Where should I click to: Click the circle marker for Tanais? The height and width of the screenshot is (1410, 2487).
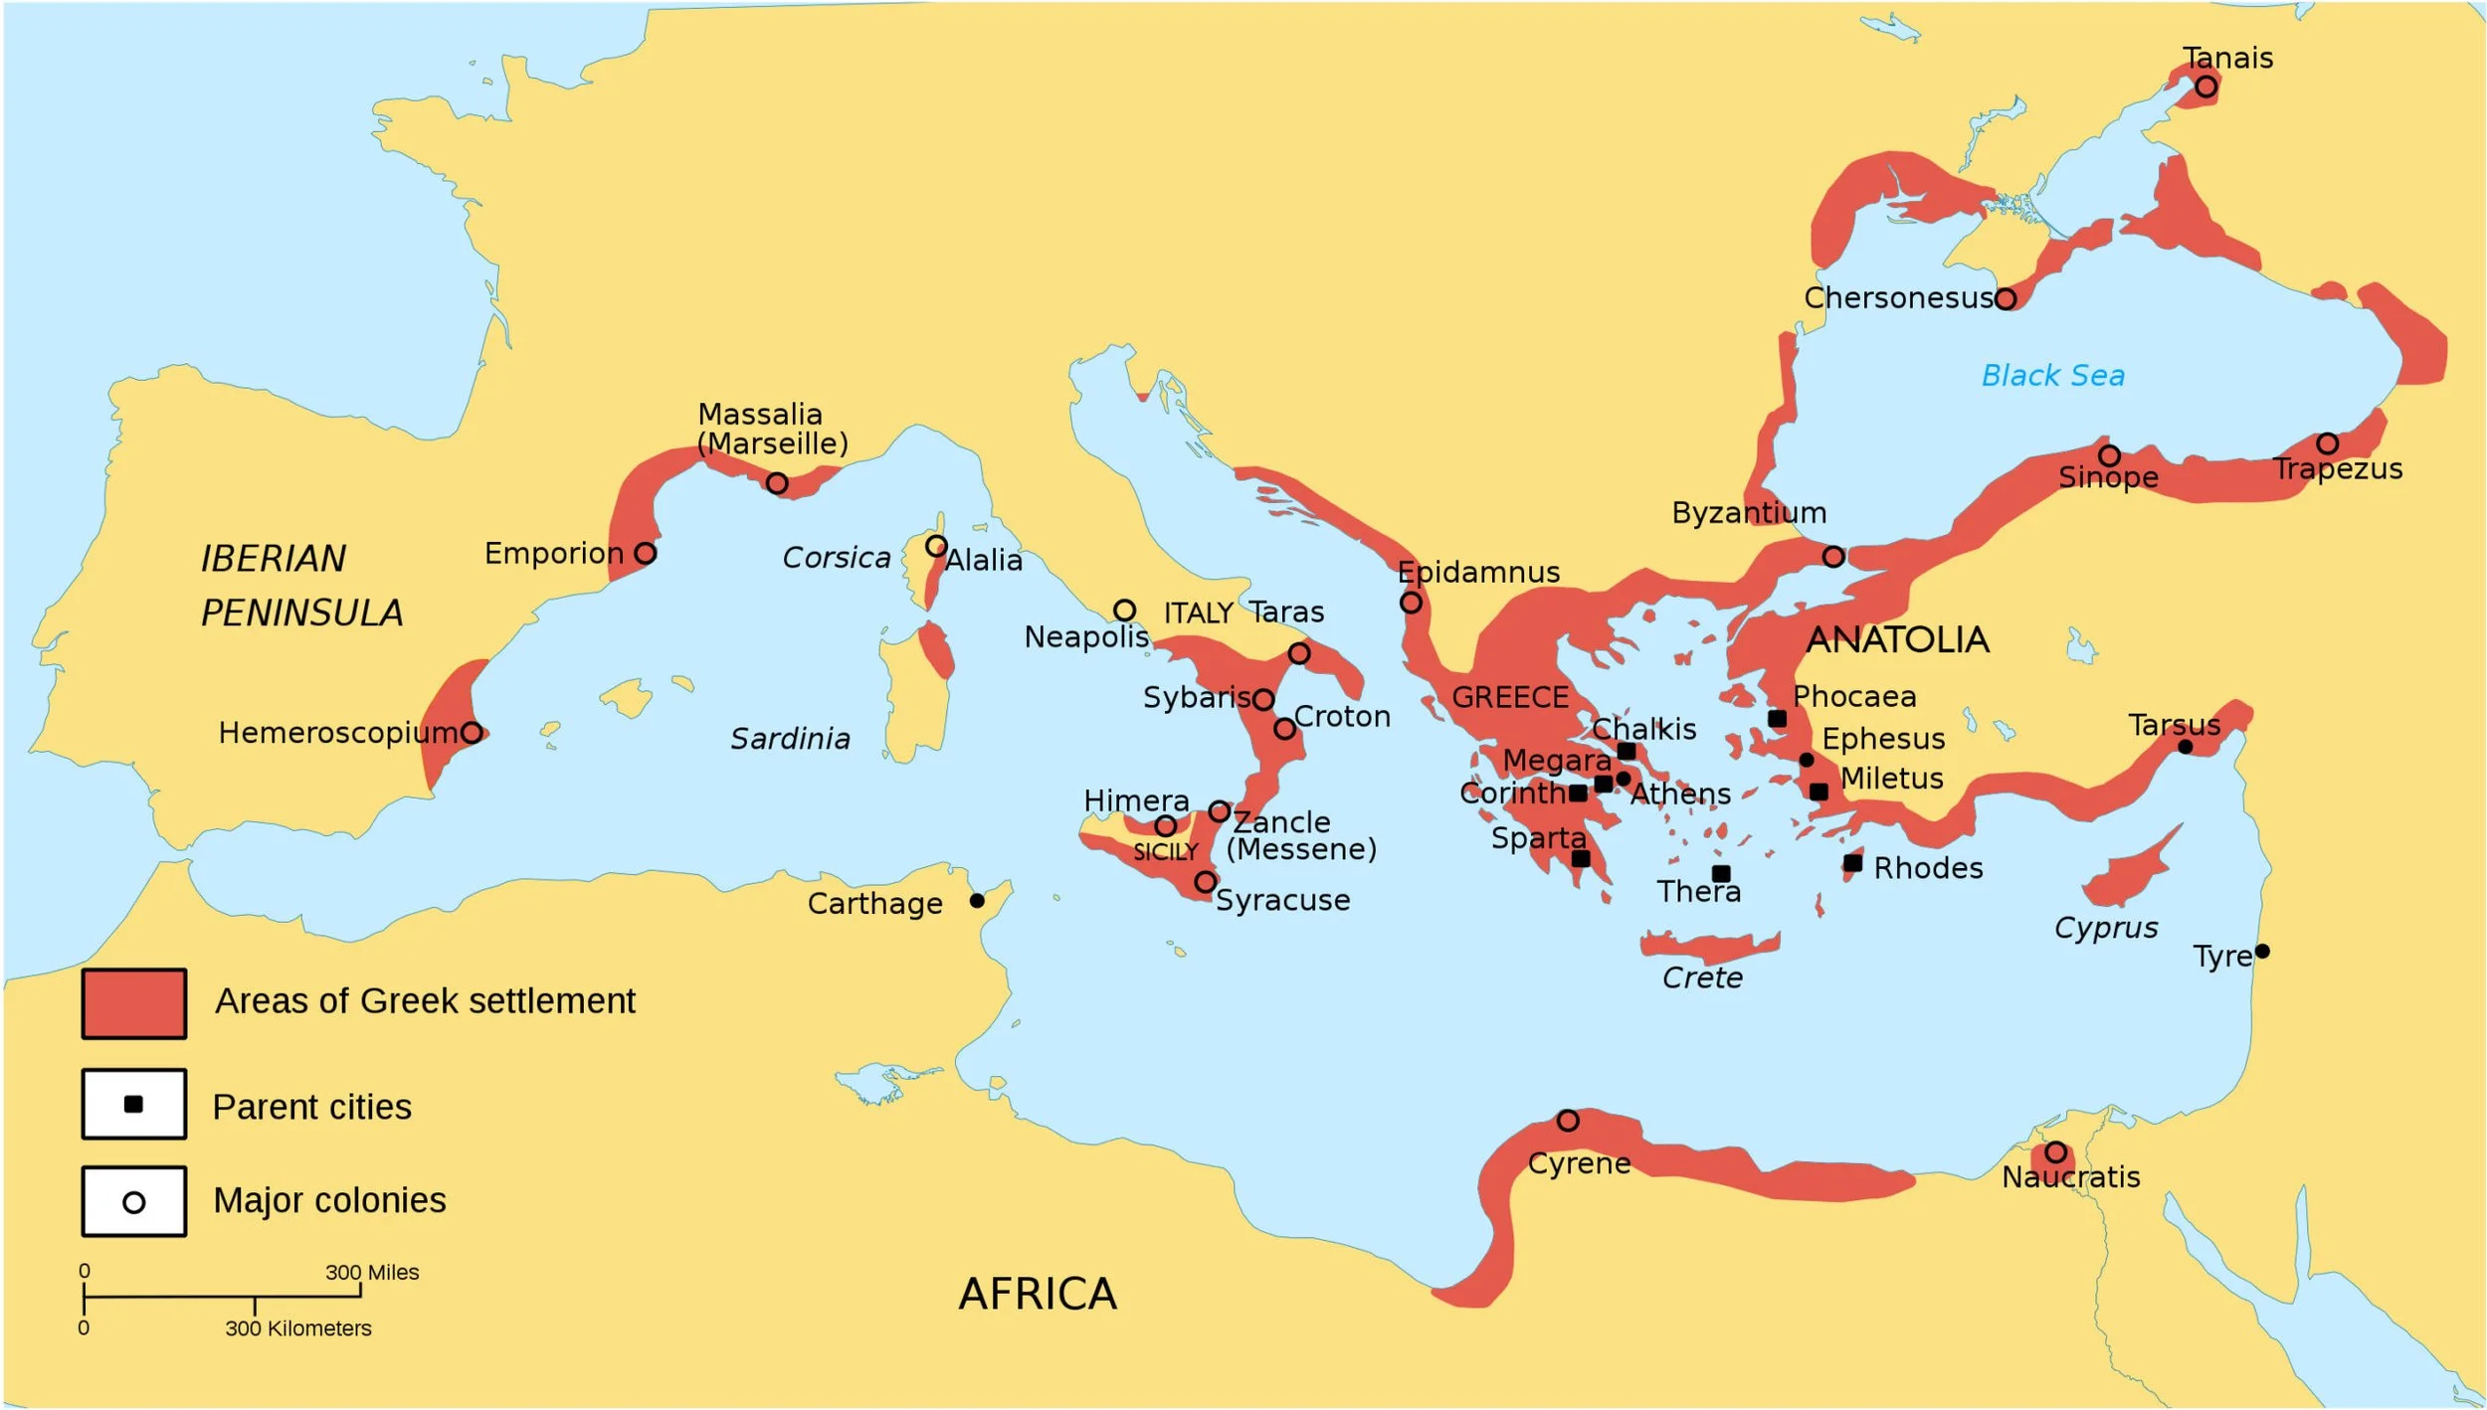[x=2205, y=87]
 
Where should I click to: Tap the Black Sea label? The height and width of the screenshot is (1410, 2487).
[x=2052, y=376]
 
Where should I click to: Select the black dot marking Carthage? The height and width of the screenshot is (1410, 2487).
[x=977, y=901]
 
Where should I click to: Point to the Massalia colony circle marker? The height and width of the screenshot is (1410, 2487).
[x=777, y=483]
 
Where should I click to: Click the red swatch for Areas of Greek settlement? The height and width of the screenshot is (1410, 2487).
[x=133, y=1004]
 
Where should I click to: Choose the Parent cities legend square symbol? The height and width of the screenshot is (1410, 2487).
[x=133, y=1105]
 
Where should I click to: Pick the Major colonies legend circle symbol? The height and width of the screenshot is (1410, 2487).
[x=133, y=1202]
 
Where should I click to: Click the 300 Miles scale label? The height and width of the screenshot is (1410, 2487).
[x=372, y=1272]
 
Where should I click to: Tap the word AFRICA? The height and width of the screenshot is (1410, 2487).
[x=1038, y=1295]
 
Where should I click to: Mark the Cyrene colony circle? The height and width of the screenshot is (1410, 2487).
[x=1568, y=1121]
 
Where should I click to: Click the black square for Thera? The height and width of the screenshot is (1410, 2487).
[x=1721, y=874]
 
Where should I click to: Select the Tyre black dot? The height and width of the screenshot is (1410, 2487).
[x=2262, y=952]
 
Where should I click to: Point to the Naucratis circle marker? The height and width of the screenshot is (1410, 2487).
[x=2055, y=1152]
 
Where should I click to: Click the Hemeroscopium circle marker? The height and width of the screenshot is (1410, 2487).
[x=473, y=733]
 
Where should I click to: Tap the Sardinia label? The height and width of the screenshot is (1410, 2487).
[x=790, y=739]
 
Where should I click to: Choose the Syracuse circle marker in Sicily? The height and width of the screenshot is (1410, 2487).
[x=1205, y=882]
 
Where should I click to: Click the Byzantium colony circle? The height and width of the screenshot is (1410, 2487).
[x=1833, y=557]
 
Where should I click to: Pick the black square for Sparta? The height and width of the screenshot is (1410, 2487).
[x=1581, y=859]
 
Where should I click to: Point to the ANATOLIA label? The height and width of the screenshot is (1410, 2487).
[x=1897, y=639]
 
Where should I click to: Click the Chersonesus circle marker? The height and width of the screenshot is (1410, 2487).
[x=2006, y=298]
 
